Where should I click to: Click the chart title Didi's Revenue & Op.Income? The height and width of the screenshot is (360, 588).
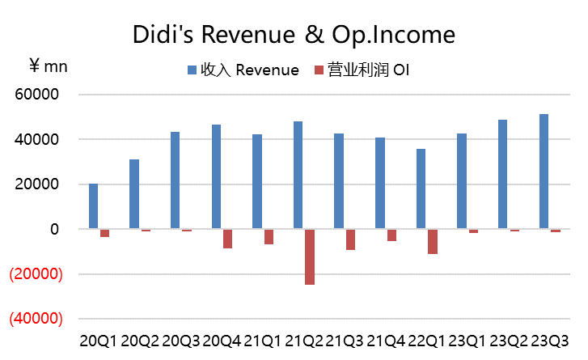point(294,35)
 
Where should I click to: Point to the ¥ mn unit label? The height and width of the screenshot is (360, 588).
point(49,66)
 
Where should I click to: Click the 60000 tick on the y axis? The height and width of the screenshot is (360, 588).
point(38,95)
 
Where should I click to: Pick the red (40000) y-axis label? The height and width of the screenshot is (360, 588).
point(35,319)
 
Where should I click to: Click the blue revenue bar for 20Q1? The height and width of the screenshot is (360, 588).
point(94,206)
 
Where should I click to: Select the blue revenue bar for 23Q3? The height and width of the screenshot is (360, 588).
point(544,172)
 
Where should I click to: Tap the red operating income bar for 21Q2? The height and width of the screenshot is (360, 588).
point(310,256)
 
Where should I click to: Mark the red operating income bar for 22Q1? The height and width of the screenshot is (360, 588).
point(433,242)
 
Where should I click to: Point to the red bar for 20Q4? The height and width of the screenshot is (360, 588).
point(228,239)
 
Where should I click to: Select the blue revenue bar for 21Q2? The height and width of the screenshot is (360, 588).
point(298,176)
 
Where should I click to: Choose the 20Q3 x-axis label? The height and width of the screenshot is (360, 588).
point(180,341)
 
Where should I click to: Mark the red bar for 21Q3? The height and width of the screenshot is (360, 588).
point(351,239)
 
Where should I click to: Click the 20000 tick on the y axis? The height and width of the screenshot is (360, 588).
point(38,184)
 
